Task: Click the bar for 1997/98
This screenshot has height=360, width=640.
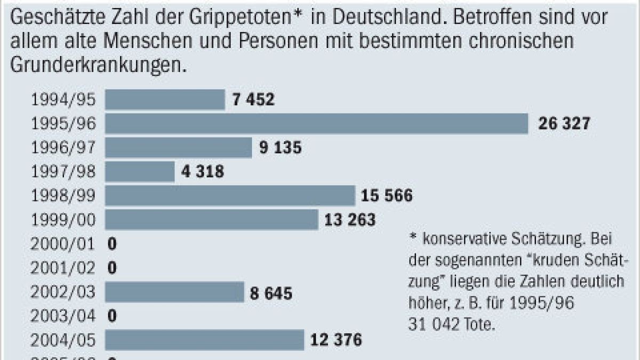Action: pos(140,172)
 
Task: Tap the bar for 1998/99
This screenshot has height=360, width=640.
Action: pos(230,196)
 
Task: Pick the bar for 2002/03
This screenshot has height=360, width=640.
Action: pos(174,292)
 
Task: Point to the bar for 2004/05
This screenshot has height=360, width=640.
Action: pos(204,340)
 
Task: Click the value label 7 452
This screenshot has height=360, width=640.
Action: pos(253,100)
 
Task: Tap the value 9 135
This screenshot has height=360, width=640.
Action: pos(281,148)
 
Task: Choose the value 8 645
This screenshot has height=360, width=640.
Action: pos(271,292)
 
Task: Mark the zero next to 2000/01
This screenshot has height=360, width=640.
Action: pos(112,244)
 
